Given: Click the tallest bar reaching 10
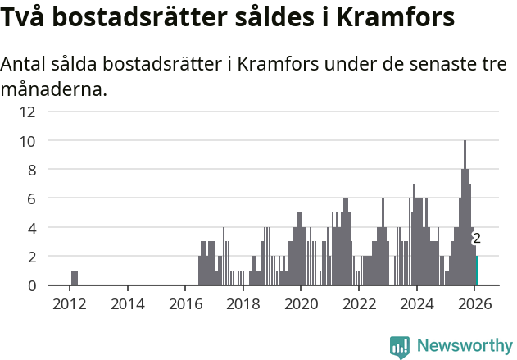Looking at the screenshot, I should (x=465, y=213).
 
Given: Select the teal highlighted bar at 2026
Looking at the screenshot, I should (x=477, y=271).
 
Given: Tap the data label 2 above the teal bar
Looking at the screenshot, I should (x=477, y=239).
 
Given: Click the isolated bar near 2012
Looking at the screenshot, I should (x=75, y=278).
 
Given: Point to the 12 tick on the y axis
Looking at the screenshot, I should (x=27, y=112).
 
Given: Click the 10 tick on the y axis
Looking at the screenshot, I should (x=27, y=141).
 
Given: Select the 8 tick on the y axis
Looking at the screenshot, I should (x=30, y=170).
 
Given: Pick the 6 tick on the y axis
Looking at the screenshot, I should (x=30, y=198).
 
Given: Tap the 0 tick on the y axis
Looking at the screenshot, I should (x=30, y=285).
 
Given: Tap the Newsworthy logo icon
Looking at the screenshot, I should (x=400, y=347).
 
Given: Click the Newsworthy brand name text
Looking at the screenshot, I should (x=464, y=346).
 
